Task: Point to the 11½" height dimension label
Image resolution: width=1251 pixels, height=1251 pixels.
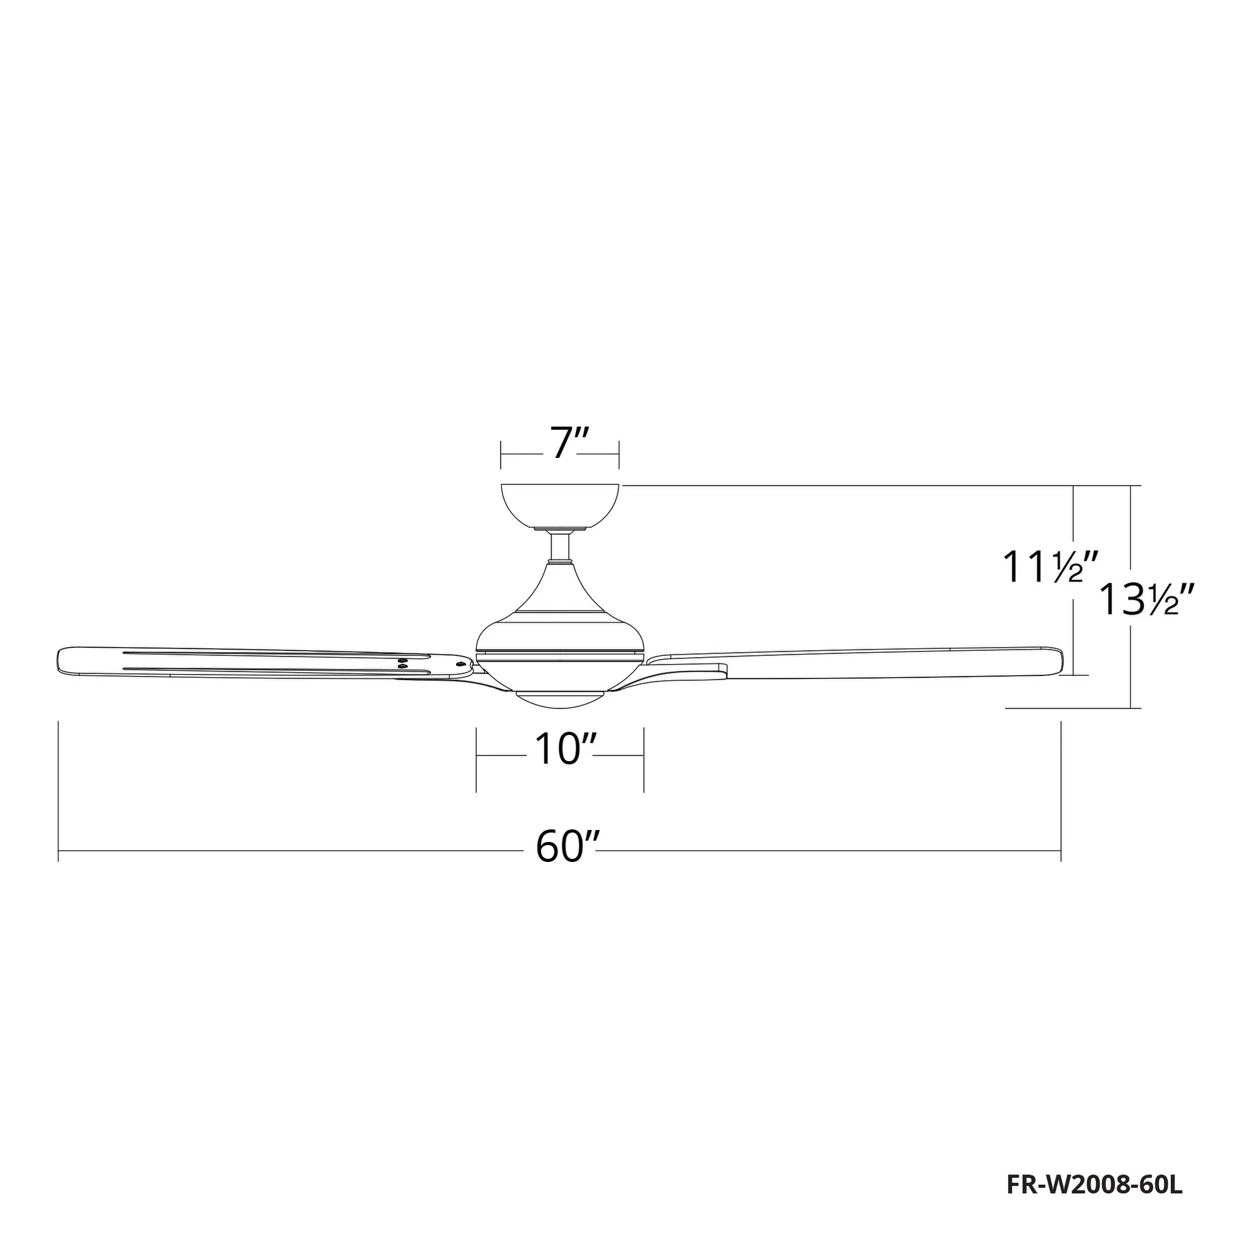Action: point(1042,567)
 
